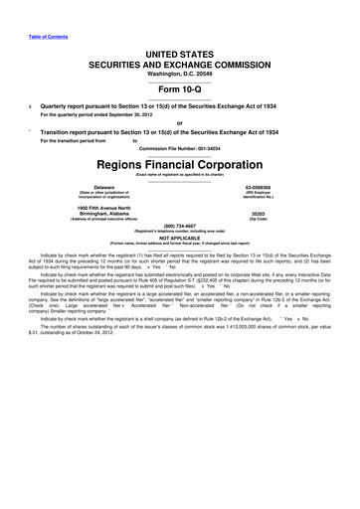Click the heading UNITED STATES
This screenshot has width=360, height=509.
click(180, 62)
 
